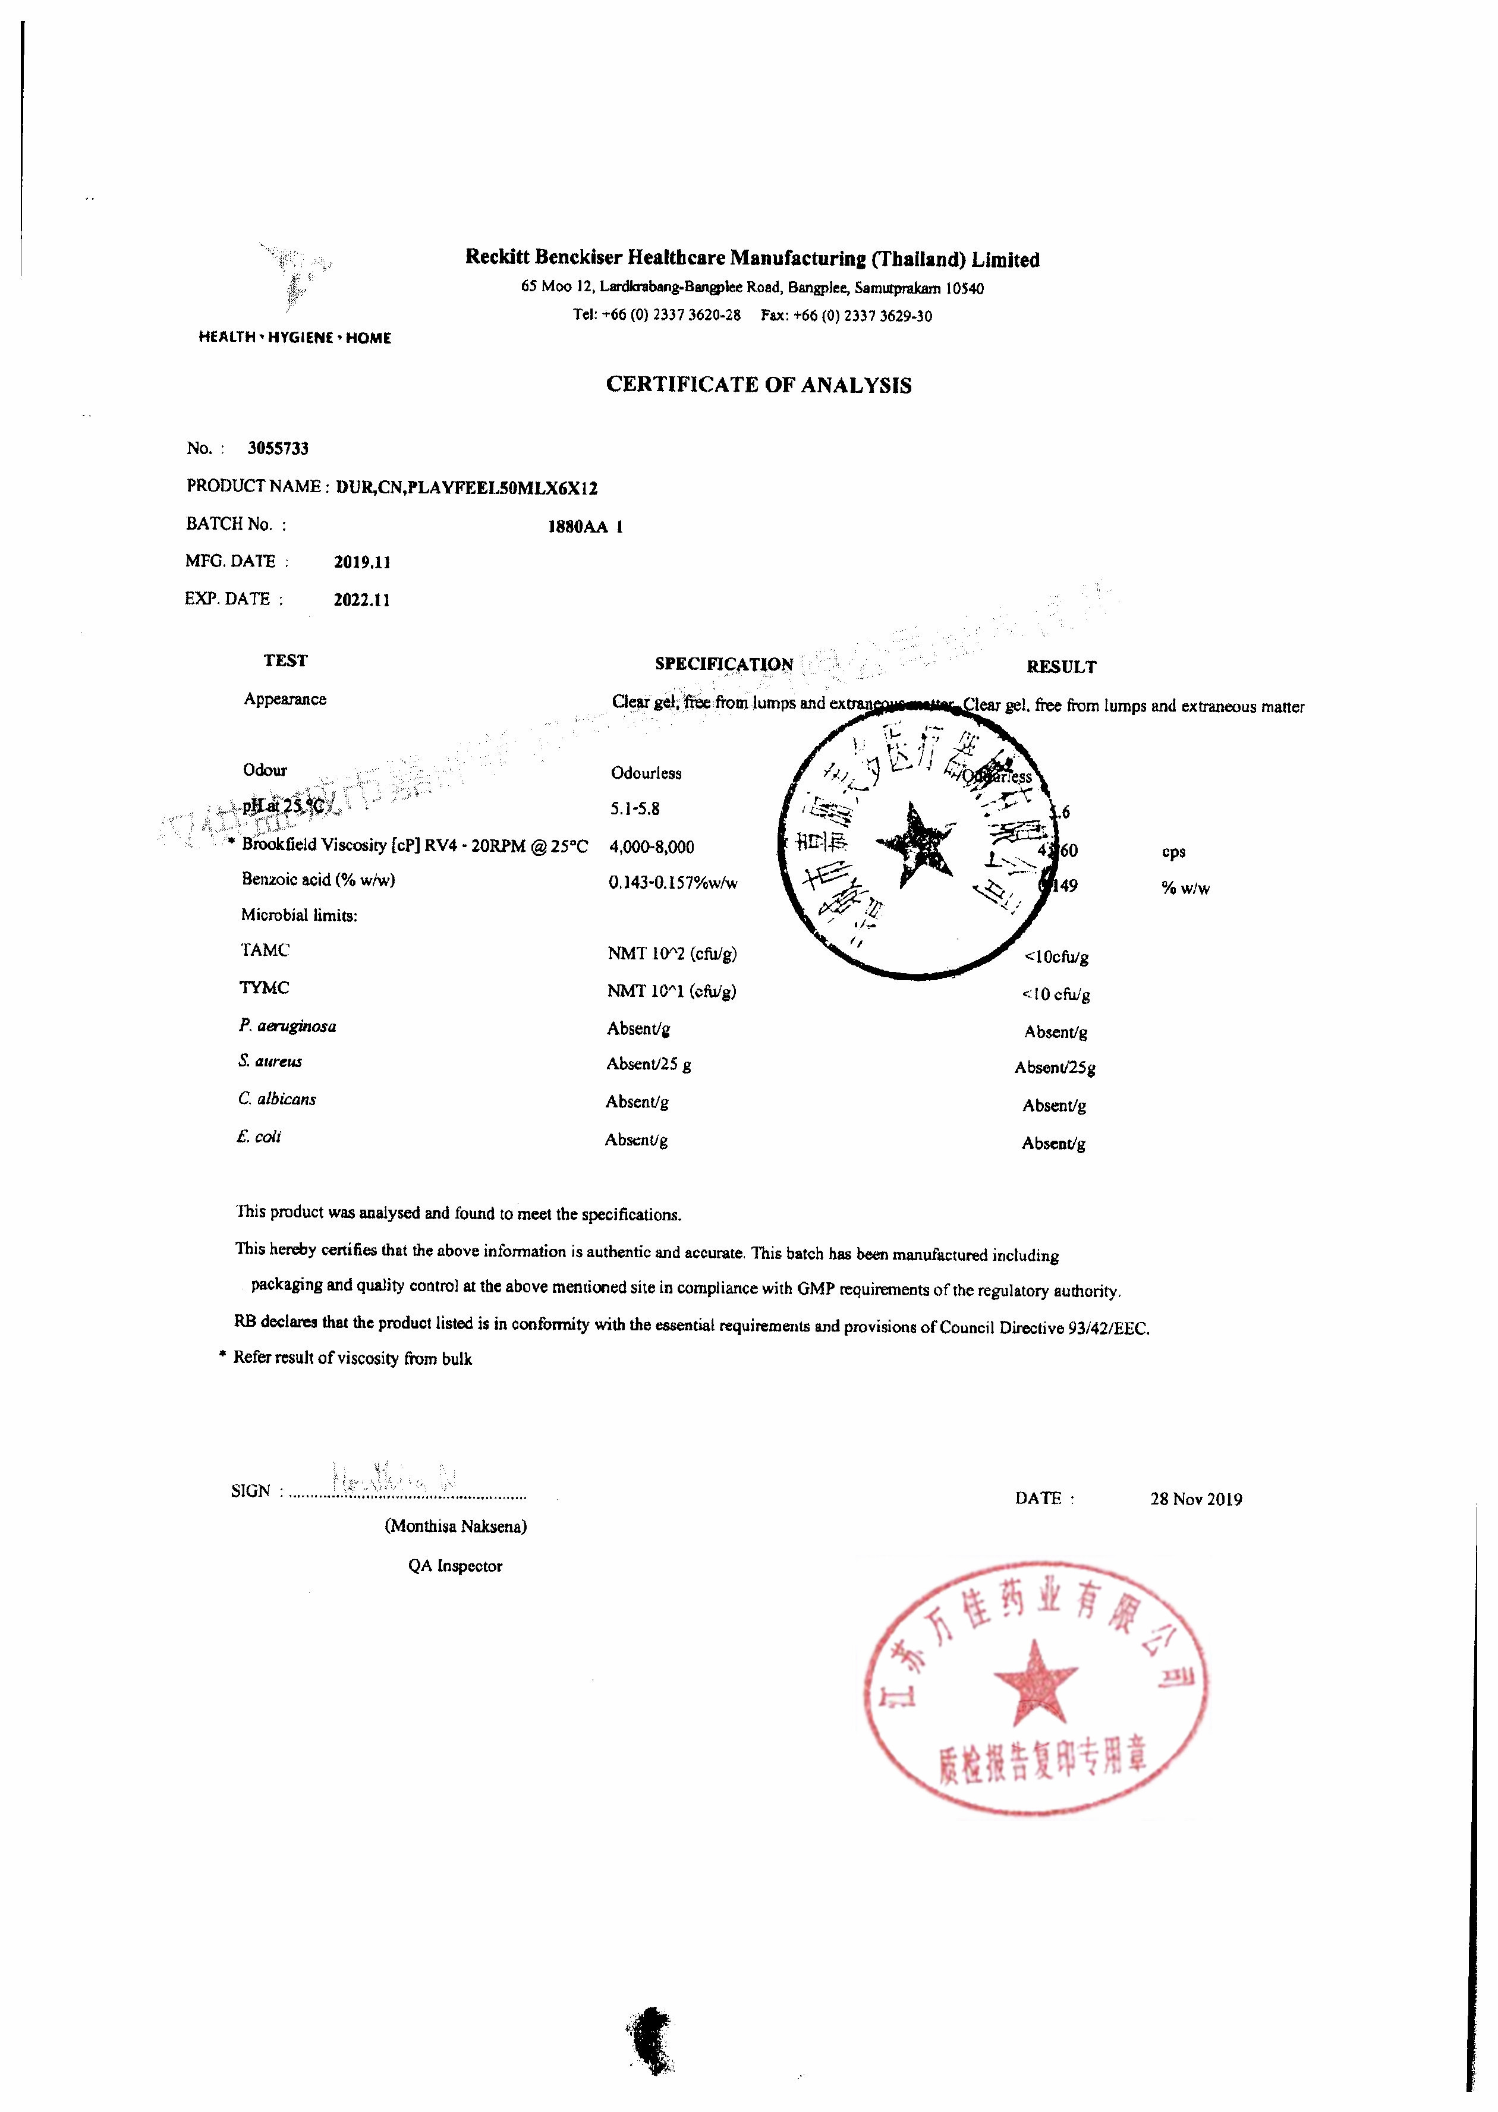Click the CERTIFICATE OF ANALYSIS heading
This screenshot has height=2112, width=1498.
click(759, 386)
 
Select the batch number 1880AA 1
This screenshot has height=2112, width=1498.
click(585, 527)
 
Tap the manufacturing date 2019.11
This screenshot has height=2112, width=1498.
click(361, 562)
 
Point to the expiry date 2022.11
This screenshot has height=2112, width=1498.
click(361, 600)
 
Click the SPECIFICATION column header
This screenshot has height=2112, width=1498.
click(723, 664)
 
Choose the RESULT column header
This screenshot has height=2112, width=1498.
click(1060, 667)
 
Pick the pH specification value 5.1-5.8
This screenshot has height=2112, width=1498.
click(635, 810)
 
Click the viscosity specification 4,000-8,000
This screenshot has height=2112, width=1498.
click(652, 846)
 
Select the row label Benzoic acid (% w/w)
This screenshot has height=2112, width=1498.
click(318, 880)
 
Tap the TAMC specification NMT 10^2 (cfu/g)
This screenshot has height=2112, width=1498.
click(672, 953)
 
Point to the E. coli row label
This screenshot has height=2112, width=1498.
click(258, 1137)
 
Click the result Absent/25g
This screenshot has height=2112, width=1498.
click(1055, 1068)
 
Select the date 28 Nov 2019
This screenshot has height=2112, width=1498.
click(1195, 1500)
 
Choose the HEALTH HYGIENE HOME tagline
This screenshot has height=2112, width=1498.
click(294, 338)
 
